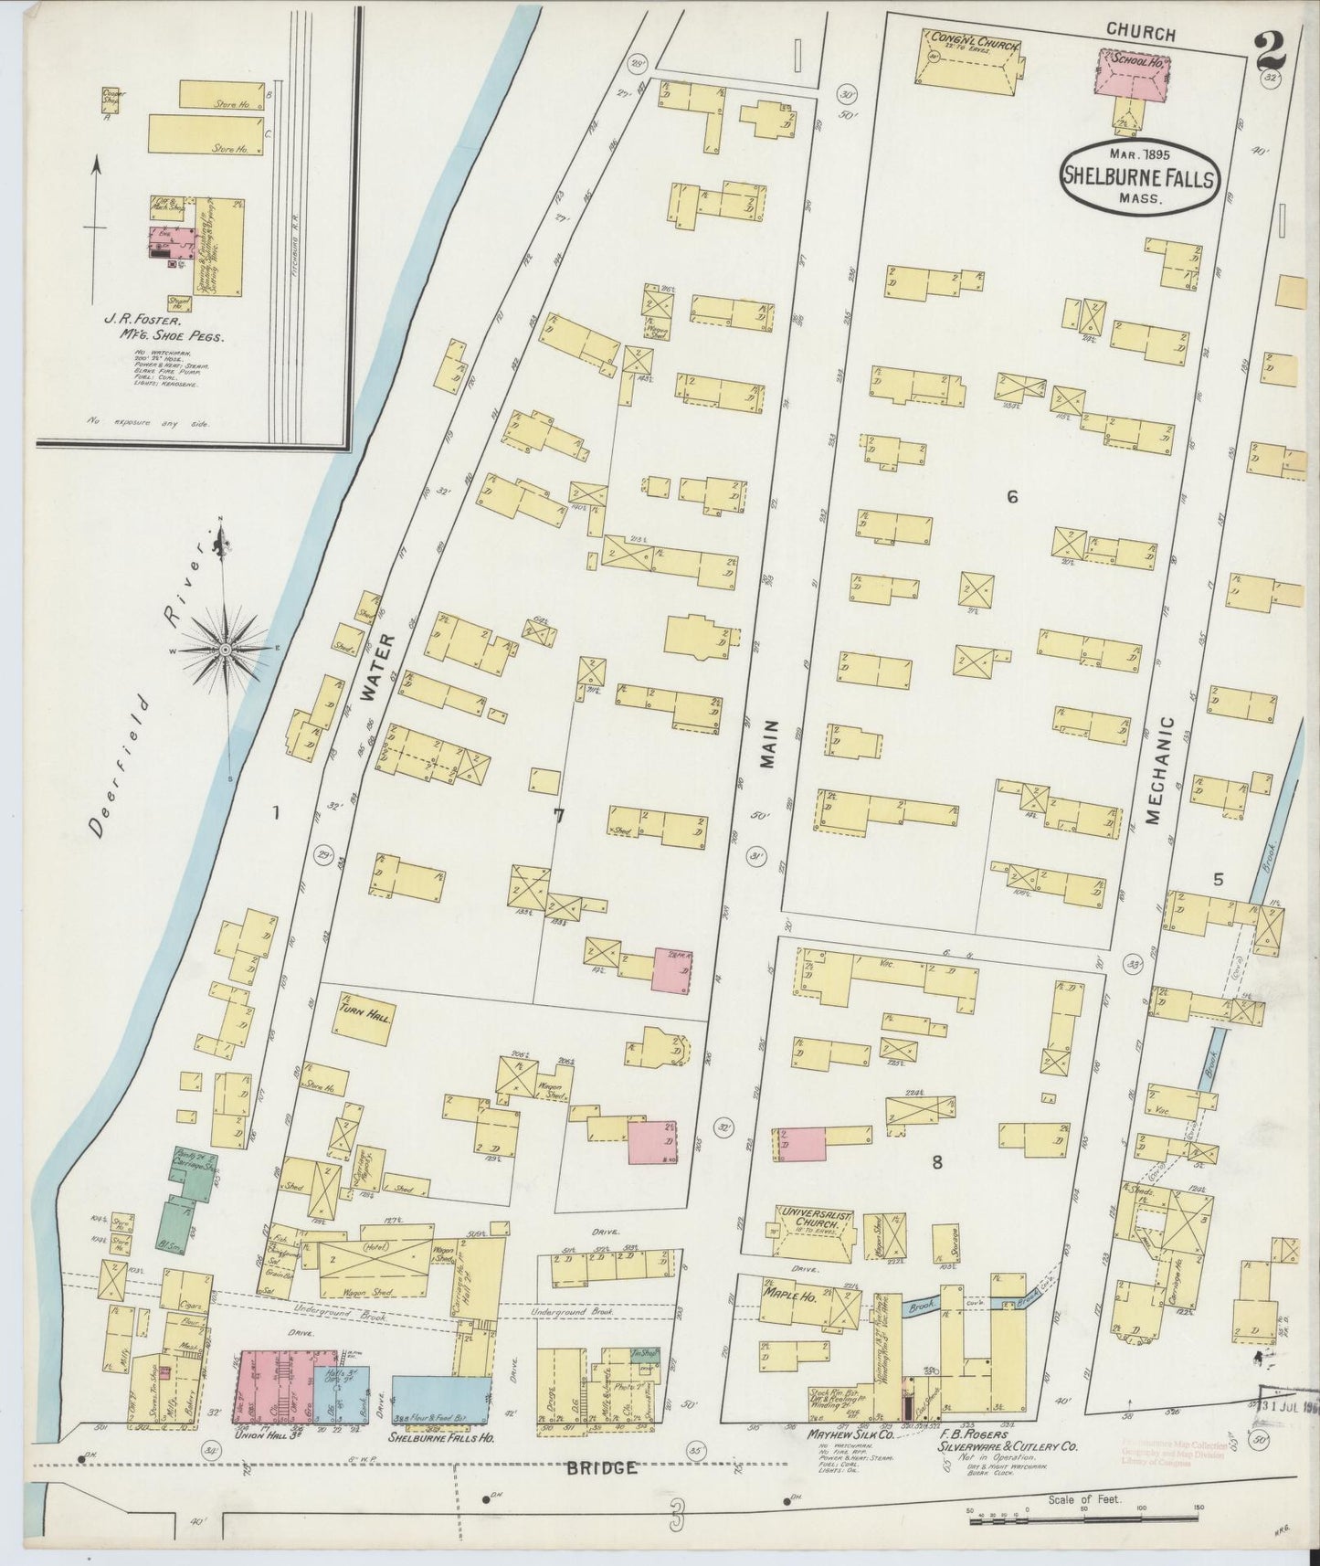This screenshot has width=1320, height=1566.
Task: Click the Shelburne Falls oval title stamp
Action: pos(1138,176)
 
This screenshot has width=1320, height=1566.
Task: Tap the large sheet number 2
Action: pos(1269,51)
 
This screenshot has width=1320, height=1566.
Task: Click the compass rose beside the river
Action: pos(224,648)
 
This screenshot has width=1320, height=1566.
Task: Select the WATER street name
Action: pos(369,667)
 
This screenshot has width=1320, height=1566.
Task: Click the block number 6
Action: pos(1011,497)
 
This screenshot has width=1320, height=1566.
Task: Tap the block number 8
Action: pos(936,1163)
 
